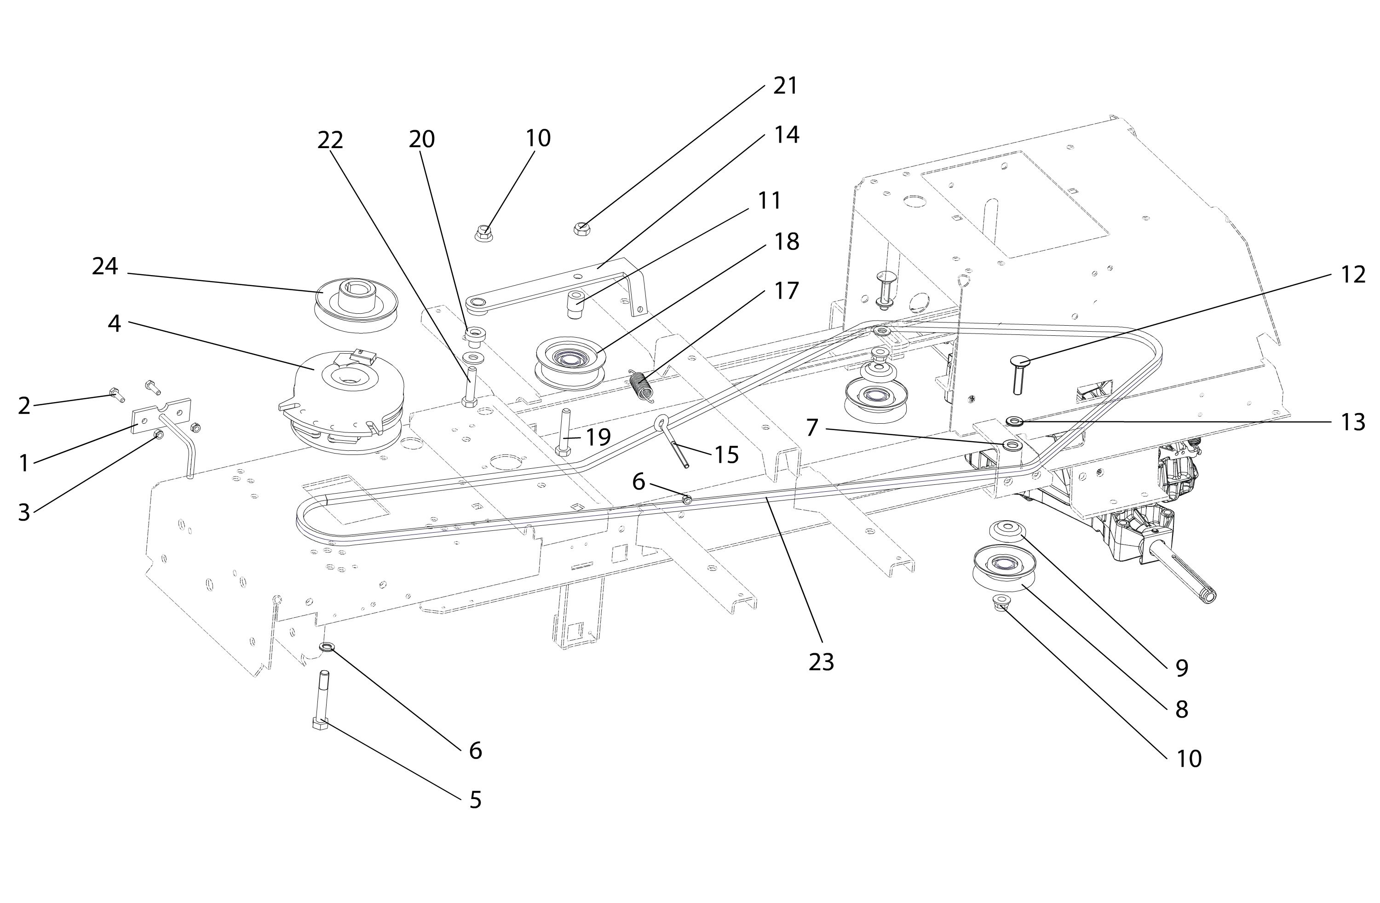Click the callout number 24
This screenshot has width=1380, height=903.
click(x=105, y=267)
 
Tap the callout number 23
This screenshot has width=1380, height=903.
click(x=821, y=662)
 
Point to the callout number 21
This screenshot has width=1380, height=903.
click(x=786, y=86)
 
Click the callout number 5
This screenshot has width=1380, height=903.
click(x=476, y=800)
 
